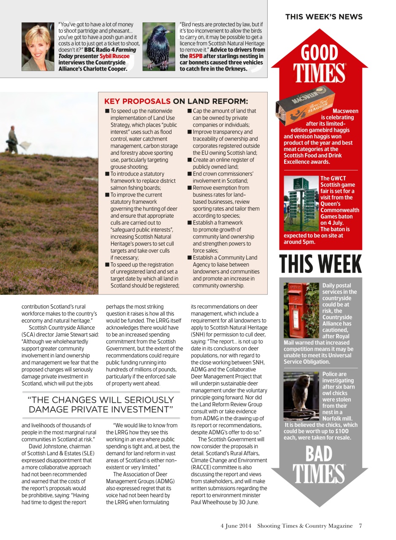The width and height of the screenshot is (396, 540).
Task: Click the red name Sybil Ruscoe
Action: [x=114, y=56]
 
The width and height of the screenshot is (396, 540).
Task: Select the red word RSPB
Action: [x=196, y=56]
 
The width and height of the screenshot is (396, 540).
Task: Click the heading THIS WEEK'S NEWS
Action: [x=323, y=17]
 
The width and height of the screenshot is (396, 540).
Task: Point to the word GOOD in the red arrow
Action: [x=320, y=54]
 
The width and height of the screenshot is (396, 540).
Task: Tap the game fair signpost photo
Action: [x=301, y=202]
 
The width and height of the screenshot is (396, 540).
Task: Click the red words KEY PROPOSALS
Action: [x=137, y=101]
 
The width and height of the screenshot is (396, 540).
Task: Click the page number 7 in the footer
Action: [x=360, y=526]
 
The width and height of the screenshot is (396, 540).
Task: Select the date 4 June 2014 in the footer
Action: [x=236, y=526]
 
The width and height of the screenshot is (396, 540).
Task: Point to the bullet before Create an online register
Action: [x=190, y=160]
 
